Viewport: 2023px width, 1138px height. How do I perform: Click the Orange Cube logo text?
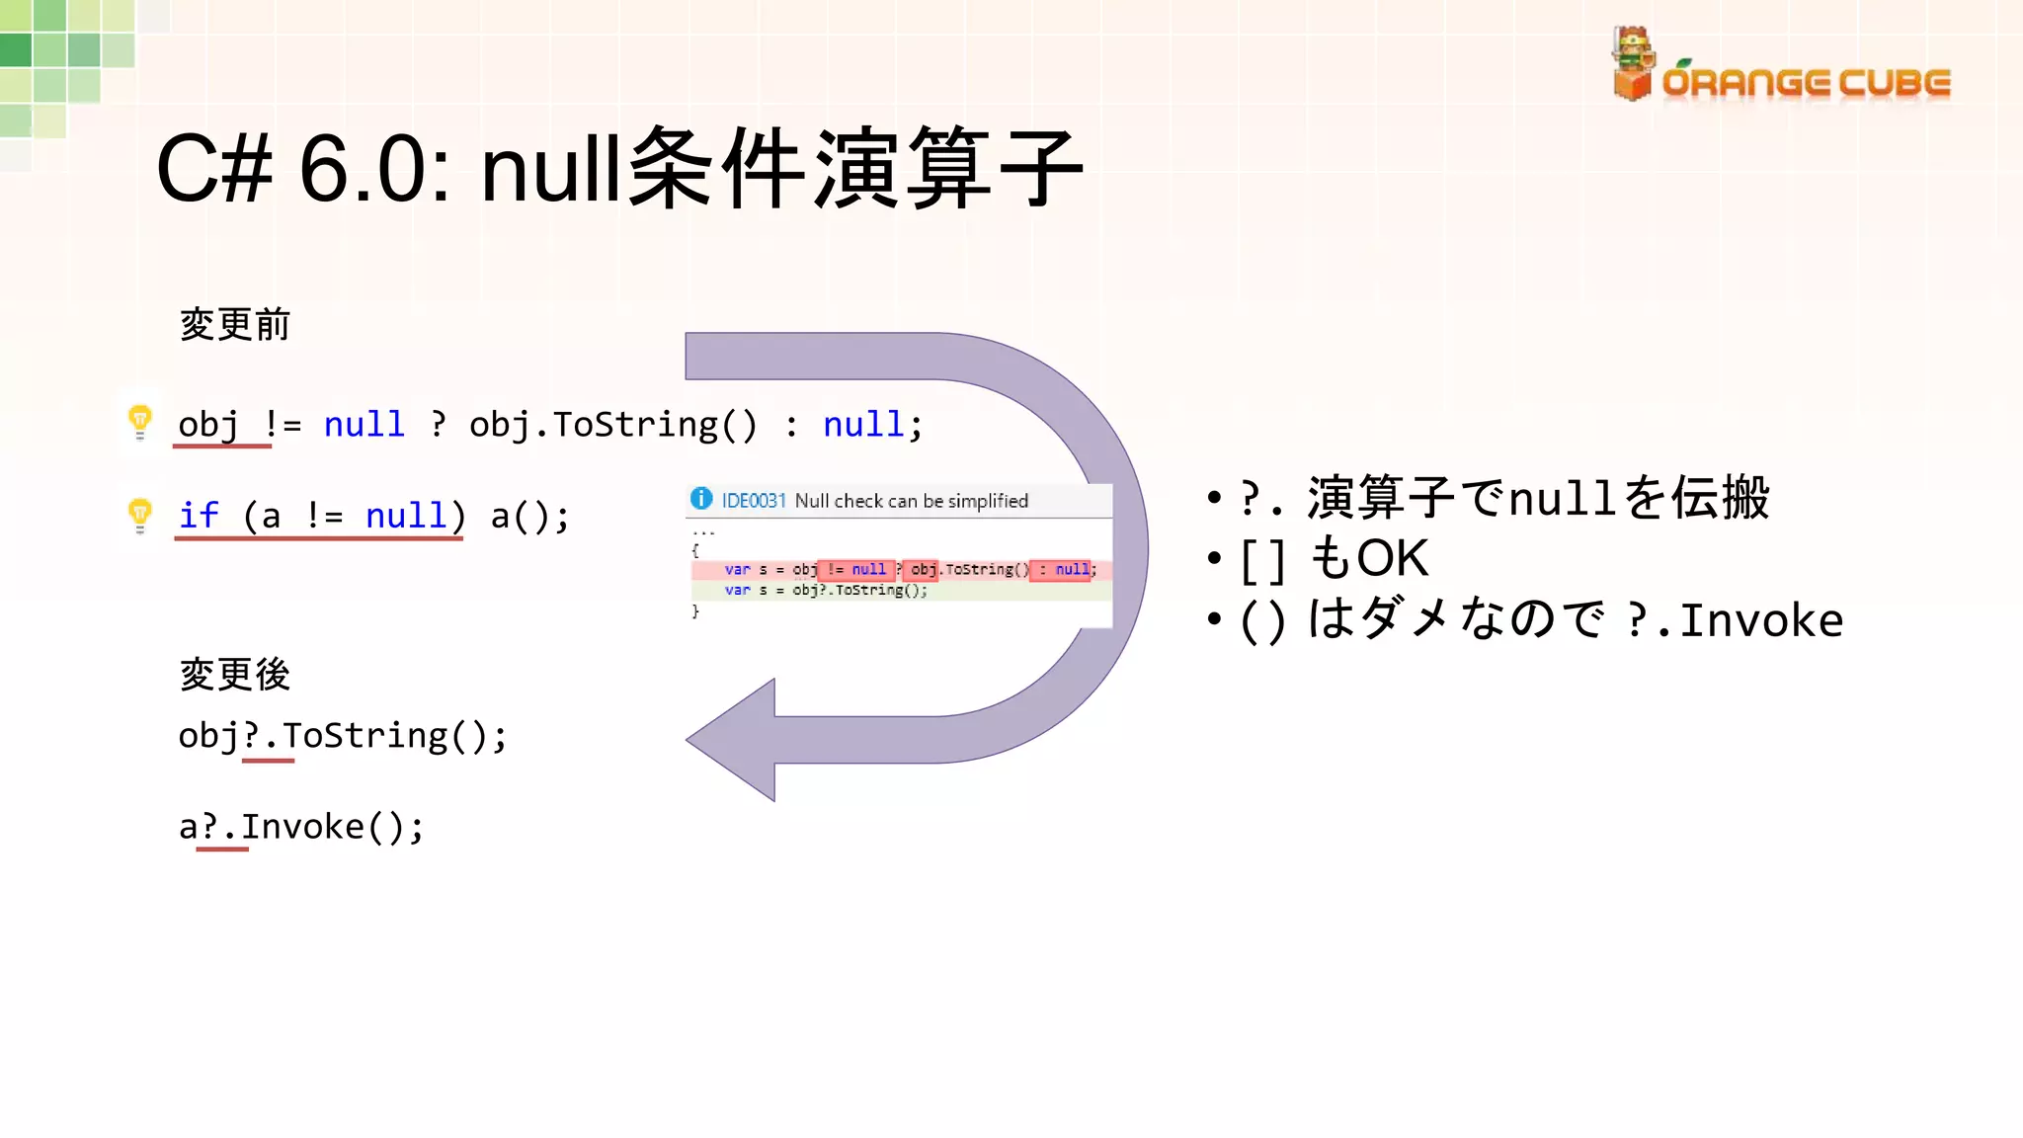coord(1806,83)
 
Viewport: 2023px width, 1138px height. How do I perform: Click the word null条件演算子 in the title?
coord(780,168)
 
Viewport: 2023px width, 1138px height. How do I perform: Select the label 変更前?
coord(234,324)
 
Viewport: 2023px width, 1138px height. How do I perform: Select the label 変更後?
coord(234,675)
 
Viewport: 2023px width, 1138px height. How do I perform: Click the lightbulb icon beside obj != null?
coord(140,422)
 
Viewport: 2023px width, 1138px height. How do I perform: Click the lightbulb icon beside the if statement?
coord(140,515)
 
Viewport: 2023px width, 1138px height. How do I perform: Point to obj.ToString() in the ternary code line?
coord(612,425)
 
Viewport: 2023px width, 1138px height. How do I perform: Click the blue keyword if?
coord(199,515)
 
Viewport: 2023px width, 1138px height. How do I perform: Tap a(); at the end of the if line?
coord(529,516)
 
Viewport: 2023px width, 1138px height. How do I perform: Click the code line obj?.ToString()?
coord(342,736)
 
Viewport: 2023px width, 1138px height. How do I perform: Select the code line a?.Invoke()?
coord(301,827)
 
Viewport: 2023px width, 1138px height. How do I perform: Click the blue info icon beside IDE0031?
coord(701,499)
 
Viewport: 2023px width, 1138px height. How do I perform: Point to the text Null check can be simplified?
coord(911,501)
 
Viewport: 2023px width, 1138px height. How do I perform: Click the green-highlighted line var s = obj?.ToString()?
coord(826,590)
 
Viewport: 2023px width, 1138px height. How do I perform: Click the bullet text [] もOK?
coord(1334,558)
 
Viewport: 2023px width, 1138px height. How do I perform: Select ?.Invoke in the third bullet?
coord(1734,620)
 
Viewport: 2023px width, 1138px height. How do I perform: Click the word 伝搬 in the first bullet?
coord(1720,497)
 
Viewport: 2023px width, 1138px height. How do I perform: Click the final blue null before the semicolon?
coord(863,425)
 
